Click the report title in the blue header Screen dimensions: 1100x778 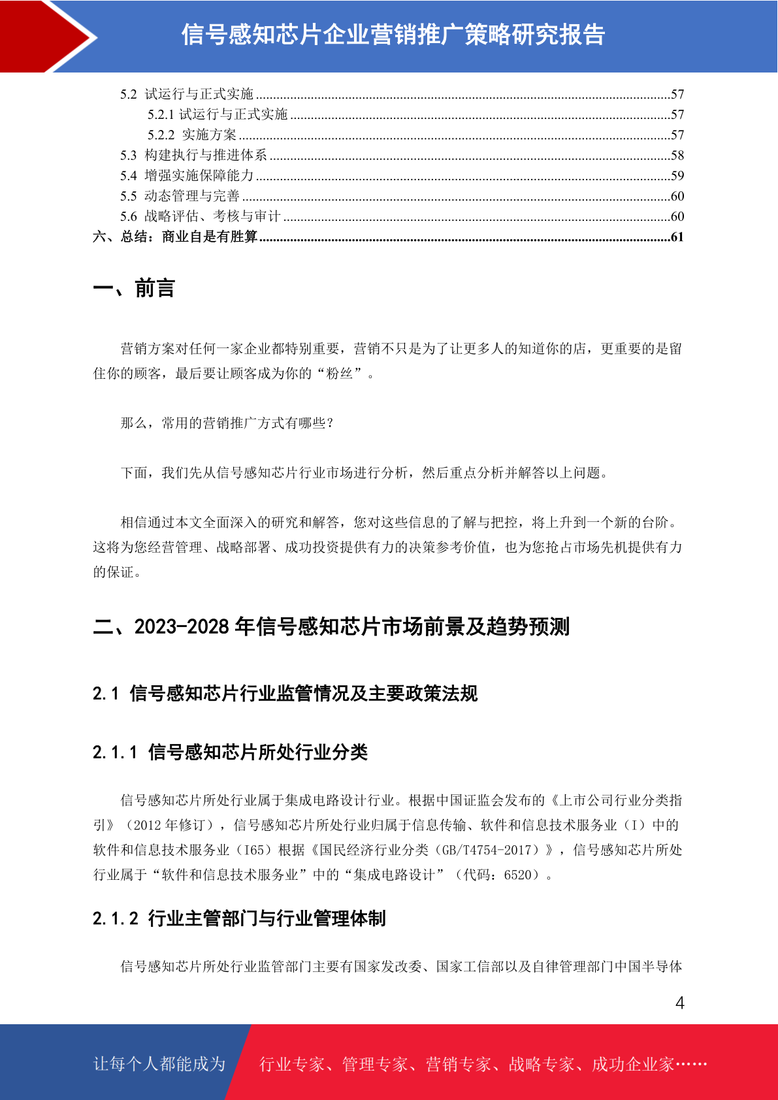[x=393, y=35]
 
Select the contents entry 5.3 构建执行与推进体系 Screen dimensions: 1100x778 [x=193, y=155]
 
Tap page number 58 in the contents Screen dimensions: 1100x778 [x=677, y=155]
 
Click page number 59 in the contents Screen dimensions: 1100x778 [x=677, y=176]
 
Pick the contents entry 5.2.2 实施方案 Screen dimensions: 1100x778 [x=192, y=135]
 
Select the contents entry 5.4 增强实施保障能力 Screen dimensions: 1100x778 [x=187, y=176]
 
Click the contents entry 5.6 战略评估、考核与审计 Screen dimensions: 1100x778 [x=200, y=216]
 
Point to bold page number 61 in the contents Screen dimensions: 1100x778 [x=677, y=237]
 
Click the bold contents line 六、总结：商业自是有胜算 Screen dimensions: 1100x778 [x=175, y=237]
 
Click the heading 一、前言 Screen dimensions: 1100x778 [x=134, y=288]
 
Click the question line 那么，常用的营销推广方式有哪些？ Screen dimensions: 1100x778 [x=227, y=423]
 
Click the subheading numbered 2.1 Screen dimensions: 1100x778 [x=285, y=694]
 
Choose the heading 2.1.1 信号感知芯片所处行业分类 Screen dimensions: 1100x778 [x=230, y=752]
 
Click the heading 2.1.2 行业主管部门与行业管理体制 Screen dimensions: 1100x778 [x=239, y=919]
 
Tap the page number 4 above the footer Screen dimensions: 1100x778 [x=679, y=1003]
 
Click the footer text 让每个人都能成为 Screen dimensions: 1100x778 [x=159, y=1064]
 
